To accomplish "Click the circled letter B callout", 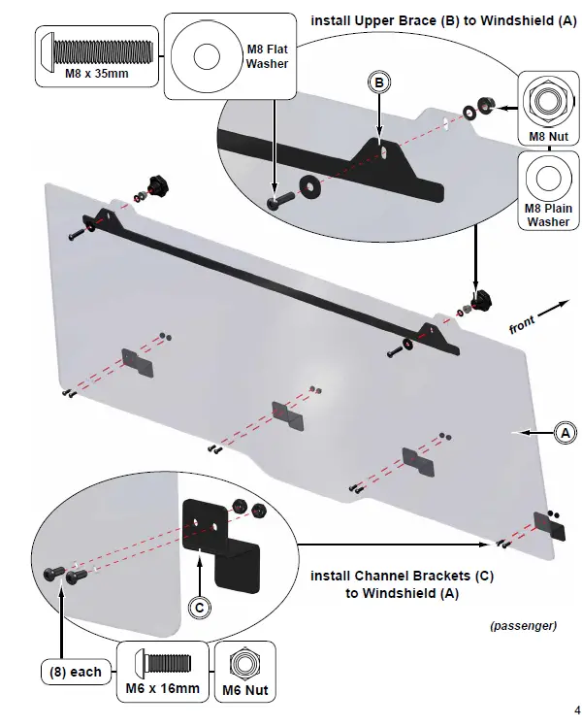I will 381,83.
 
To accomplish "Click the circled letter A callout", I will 563,434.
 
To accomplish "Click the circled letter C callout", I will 198,608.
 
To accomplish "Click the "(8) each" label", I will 75,672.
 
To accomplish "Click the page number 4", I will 576,708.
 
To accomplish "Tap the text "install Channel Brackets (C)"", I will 402,576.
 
